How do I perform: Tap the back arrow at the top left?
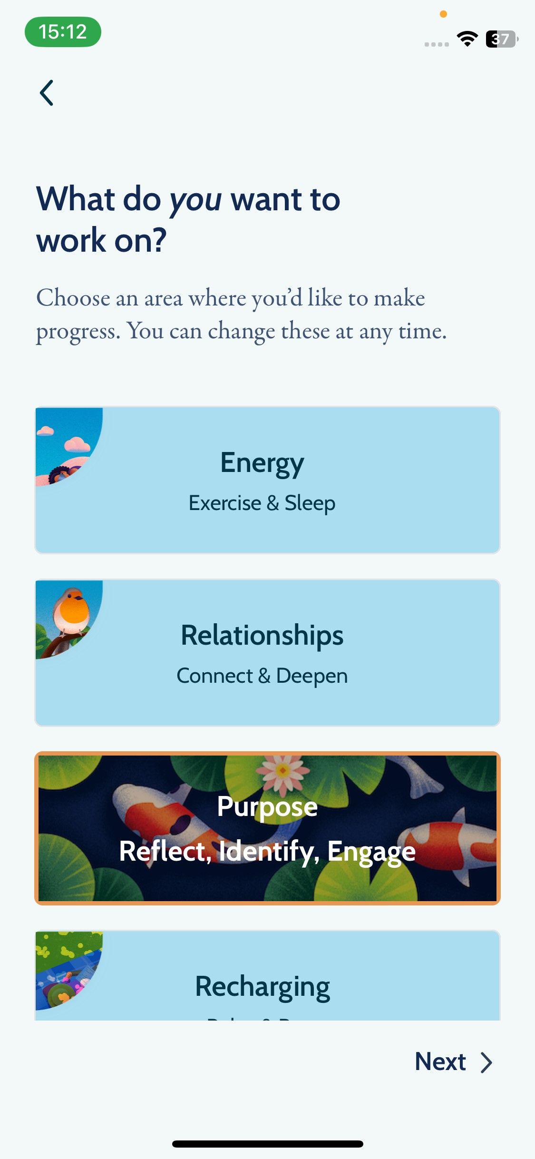click(x=47, y=93)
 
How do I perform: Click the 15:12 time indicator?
click(x=63, y=32)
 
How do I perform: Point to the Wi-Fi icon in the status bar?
click(x=467, y=39)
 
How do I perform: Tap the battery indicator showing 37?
click(x=501, y=39)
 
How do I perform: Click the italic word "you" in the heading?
click(x=195, y=200)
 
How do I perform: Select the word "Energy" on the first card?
click(x=262, y=463)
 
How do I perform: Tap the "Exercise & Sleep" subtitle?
click(x=262, y=503)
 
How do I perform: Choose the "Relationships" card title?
click(x=262, y=636)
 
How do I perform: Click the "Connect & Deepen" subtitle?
click(x=262, y=676)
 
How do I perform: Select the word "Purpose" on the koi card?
click(x=267, y=806)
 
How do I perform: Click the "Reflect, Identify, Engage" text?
click(x=267, y=851)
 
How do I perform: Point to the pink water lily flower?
click(x=282, y=771)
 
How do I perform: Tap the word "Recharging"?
click(x=262, y=987)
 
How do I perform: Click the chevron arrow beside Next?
click(x=486, y=1062)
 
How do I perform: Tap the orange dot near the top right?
click(x=443, y=14)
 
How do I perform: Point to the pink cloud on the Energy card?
click(x=78, y=445)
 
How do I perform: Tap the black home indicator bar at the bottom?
click(x=267, y=1144)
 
